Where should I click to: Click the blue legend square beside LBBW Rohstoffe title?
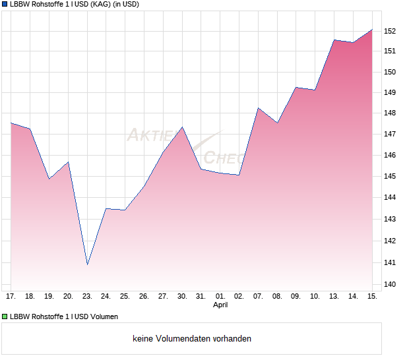(x=5, y=4)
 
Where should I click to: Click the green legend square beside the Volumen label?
(x=5, y=316)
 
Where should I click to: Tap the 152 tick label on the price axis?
(x=390, y=31)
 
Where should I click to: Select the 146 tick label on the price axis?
(x=390, y=156)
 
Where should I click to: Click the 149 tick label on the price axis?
(x=390, y=92)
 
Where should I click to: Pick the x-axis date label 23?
(x=87, y=297)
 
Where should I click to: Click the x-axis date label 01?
(x=220, y=297)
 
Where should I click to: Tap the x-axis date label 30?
(x=182, y=297)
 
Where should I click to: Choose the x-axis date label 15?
(x=372, y=297)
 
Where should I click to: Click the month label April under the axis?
(x=220, y=305)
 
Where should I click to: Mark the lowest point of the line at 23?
(x=87, y=264)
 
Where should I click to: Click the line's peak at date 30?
(x=182, y=127)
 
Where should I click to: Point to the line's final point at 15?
(x=372, y=30)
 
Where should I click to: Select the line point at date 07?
(x=259, y=108)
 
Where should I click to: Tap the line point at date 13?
(x=334, y=40)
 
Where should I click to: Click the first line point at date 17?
(x=11, y=123)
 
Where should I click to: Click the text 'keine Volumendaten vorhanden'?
(x=192, y=339)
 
